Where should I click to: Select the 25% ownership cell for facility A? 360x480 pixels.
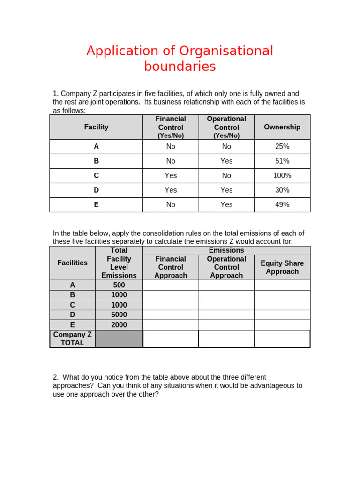pyautogui.click(x=282, y=147)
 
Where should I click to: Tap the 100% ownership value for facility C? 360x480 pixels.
pyautogui.click(x=282, y=176)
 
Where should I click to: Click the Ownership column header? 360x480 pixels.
pyautogui.click(x=282, y=127)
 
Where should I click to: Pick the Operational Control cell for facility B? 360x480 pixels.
pyautogui.click(x=226, y=161)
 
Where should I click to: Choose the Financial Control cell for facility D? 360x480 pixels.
pyautogui.click(x=171, y=190)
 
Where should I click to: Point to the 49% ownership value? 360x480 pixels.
pyautogui.click(x=282, y=205)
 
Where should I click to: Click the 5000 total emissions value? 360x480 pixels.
pyautogui.click(x=119, y=315)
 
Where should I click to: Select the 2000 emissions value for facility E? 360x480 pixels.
pyautogui.click(x=119, y=325)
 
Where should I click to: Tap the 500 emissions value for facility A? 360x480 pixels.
pyautogui.click(x=119, y=285)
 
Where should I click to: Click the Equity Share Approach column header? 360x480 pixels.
pyautogui.click(x=282, y=268)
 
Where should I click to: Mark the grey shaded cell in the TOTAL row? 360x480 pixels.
pyautogui.click(x=119, y=338)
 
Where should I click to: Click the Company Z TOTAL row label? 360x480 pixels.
pyautogui.click(x=73, y=338)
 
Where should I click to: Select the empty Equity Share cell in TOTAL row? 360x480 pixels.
pyautogui.click(x=282, y=338)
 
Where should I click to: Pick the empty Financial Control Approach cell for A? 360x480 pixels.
pyautogui.click(x=171, y=285)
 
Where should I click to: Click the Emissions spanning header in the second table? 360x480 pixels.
pyautogui.click(x=226, y=250)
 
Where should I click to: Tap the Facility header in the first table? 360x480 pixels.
pyautogui.click(x=96, y=127)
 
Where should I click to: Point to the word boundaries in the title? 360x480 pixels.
pyautogui.click(x=180, y=67)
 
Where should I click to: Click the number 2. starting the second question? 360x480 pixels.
pyautogui.click(x=56, y=377)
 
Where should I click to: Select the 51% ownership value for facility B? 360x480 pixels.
pyautogui.click(x=282, y=161)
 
